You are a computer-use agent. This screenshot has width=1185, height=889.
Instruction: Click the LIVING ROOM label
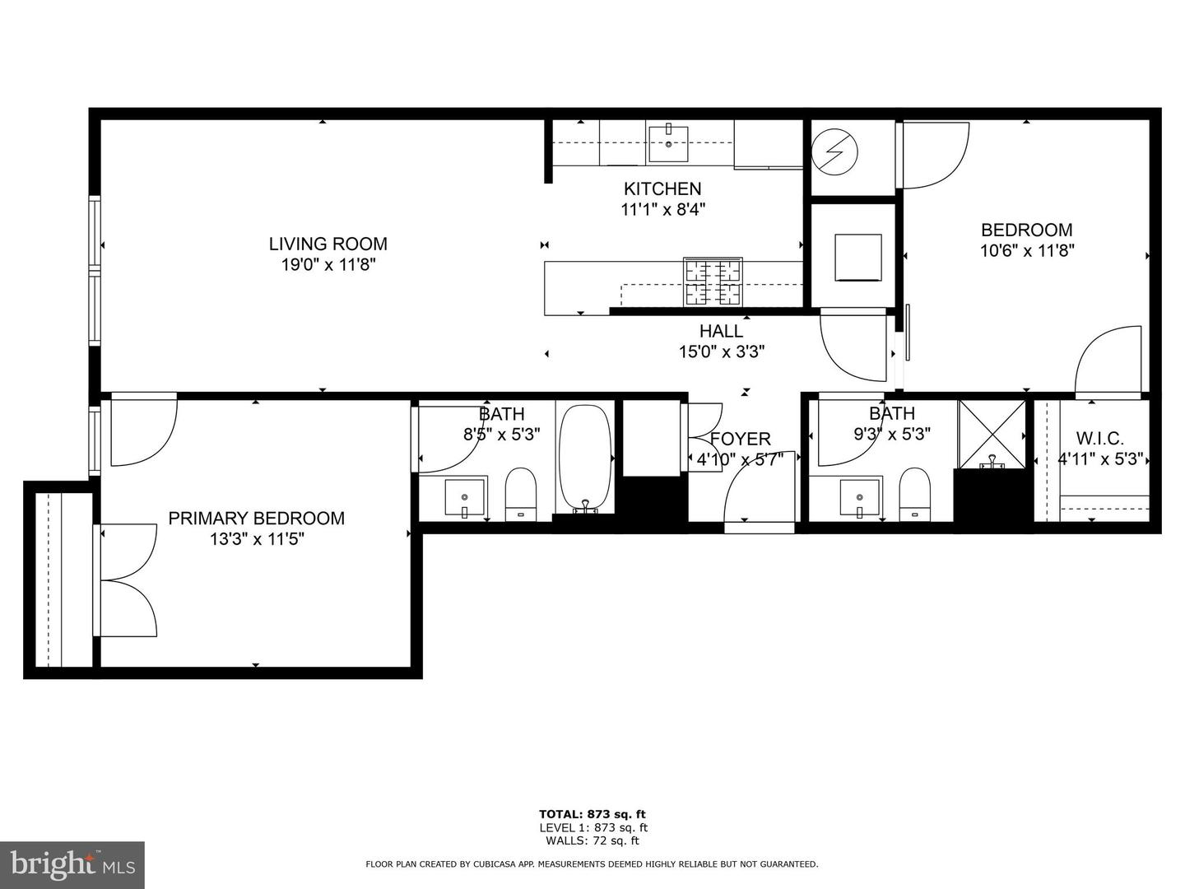click(328, 244)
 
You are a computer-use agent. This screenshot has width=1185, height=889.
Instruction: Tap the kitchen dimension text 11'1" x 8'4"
click(662, 210)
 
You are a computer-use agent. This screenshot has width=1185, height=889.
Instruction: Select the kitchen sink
click(668, 143)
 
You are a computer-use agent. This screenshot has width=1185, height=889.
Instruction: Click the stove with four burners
click(712, 282)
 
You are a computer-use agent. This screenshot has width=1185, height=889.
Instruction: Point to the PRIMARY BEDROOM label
click(256, 518)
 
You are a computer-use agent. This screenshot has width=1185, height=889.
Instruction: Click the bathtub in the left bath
click(585, 458)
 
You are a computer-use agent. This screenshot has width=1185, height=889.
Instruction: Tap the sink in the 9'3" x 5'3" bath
click(860, 498)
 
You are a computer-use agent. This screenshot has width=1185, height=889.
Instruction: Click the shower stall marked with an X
click(992, 433)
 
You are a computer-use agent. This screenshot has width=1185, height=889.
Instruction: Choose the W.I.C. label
click(1099, 439)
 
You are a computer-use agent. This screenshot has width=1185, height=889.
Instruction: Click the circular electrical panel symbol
click(834, 151)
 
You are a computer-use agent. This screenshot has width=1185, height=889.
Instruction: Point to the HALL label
click(721, 331)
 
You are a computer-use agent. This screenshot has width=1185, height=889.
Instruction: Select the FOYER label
click(740, 439)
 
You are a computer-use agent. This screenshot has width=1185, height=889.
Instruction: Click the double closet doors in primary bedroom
click(128, 580)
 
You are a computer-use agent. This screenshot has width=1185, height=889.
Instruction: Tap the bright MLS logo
click(72, 864)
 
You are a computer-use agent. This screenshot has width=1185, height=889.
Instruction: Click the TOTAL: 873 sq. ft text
click(592, 814)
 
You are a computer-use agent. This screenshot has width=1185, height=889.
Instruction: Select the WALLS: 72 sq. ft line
click(592, 840)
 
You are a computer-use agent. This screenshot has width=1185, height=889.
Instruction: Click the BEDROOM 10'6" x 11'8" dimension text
click(1026, 250)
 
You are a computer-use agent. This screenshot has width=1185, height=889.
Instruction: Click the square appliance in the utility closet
click(857, 257)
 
